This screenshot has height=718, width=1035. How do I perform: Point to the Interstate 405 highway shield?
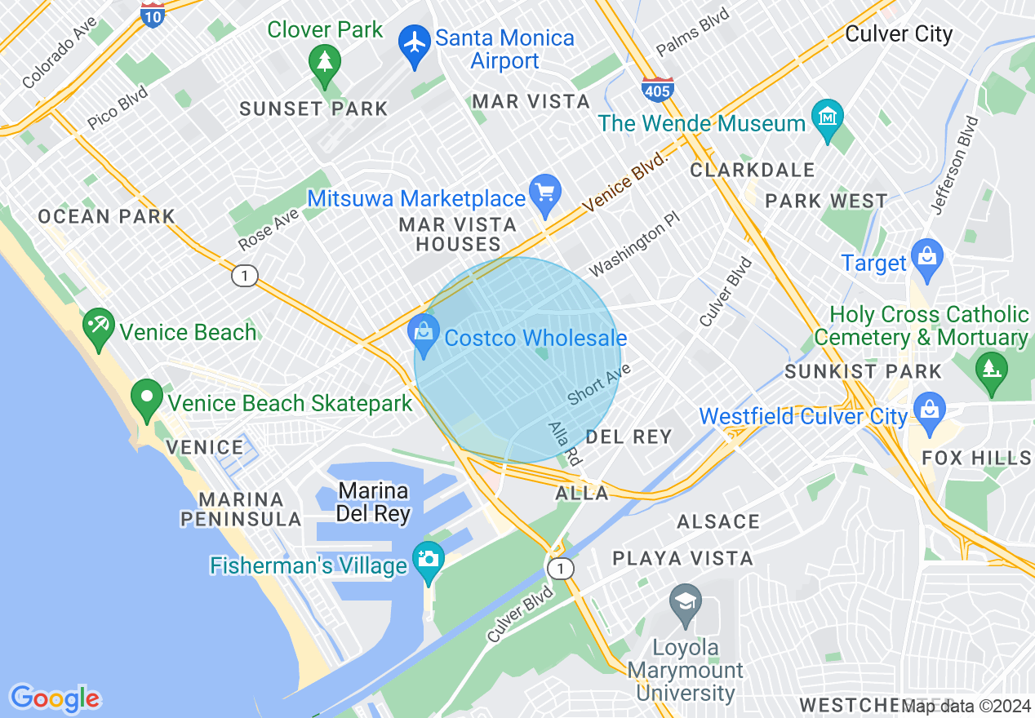tap(657, 88)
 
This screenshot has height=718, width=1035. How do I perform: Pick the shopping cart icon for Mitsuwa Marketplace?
tap(545, 193)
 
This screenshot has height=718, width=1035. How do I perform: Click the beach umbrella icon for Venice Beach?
tap(100, 326)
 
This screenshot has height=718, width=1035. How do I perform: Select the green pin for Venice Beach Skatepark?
tap(148, 398)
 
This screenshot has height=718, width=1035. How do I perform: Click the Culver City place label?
tap(899, 34)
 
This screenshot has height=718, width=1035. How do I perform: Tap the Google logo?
tap(55, 698)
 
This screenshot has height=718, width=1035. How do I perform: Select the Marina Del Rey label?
tap(373, 502)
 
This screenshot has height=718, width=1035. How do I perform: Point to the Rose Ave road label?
tap(269, 228)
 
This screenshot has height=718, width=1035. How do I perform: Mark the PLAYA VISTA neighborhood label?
tap(682, 559)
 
